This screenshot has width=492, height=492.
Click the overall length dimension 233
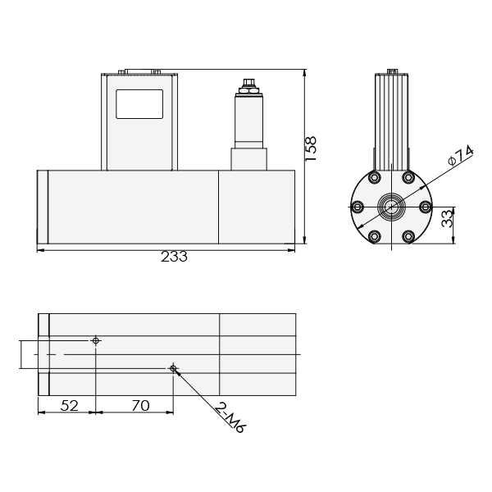point(174,257)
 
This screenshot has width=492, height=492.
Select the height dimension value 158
point(312,149)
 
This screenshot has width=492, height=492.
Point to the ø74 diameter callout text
point(462,156)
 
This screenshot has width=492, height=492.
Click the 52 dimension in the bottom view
point(70,404)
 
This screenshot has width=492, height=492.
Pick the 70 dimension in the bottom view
point(139,404)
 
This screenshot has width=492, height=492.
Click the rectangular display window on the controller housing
point(139,105)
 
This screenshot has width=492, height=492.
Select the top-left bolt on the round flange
point(374,178)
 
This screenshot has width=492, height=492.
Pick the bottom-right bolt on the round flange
point(408,237)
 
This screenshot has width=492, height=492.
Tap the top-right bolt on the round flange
point(408,178)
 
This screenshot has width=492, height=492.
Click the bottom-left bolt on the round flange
point(374,237)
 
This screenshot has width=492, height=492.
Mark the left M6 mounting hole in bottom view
point(96,340)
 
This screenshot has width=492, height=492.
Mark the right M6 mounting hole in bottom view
point(173,368)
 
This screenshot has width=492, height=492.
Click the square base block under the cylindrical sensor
point(248,159)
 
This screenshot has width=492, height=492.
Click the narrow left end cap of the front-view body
point(43,206)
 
